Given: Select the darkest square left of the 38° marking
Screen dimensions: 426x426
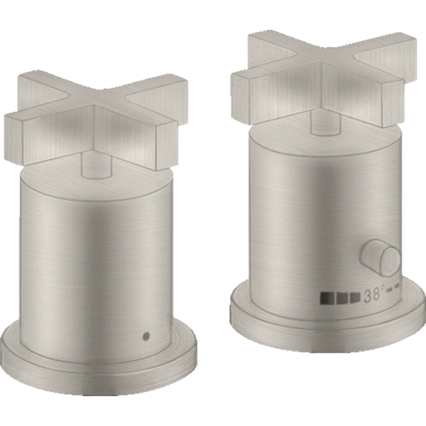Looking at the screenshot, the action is (x=327, y=297).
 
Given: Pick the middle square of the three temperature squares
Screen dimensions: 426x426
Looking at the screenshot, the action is (x=342, y=297).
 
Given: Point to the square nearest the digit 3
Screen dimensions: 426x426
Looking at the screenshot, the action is (x=356, y=297).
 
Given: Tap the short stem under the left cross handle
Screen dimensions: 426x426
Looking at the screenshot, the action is (x=97, y=166).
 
